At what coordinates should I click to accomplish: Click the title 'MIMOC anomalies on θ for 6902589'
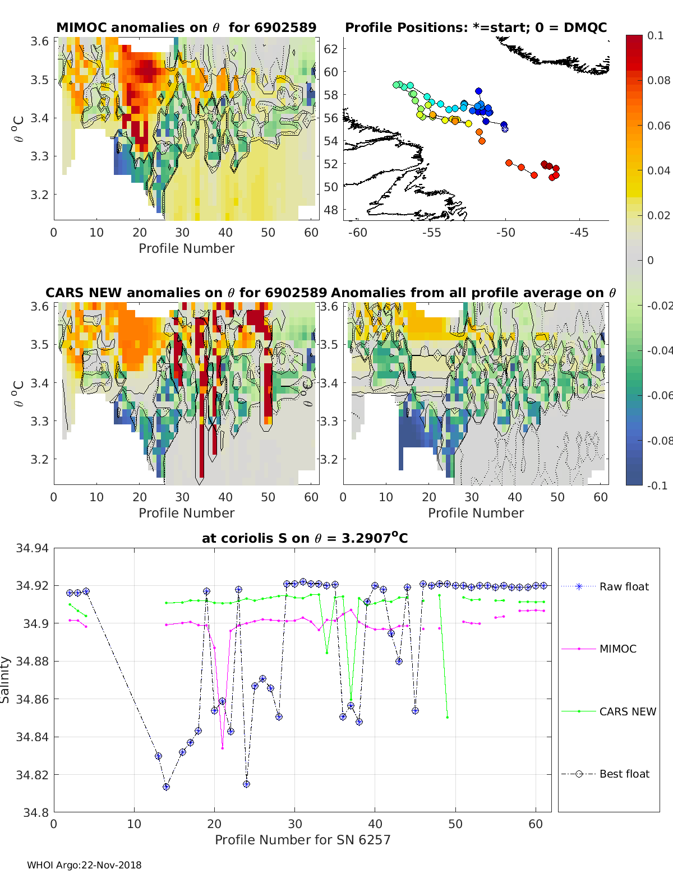point(186,27)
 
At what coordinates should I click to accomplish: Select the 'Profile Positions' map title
point(476,27)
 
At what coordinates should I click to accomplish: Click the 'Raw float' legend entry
point(624,586)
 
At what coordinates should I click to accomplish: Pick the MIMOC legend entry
point(617,649)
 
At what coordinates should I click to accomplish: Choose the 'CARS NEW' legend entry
point(627,711)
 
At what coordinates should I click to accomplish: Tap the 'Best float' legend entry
point(624,774)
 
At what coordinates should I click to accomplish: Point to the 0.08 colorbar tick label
point(658,80)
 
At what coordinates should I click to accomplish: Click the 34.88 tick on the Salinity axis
point(33,661)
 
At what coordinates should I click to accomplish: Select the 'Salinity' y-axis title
point(6,679)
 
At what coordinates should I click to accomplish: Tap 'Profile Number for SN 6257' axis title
point(302,839)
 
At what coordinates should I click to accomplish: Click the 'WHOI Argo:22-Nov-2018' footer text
point(84,865)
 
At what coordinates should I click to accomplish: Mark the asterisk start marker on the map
point(505,129)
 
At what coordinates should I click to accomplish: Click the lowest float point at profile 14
point(166,787)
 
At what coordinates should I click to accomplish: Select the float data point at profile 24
point(246,784)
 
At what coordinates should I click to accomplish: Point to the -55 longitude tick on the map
point(431,232)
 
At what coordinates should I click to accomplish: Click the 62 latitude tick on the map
point(331,49)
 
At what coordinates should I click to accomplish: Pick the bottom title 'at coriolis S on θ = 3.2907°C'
point(305,538)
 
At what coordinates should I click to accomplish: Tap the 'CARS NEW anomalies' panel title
point(186,293)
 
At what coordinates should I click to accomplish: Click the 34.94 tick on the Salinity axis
point(33,548)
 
